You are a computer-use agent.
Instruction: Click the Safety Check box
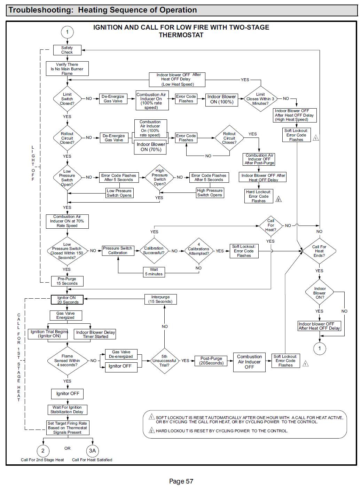[x=67, y=50]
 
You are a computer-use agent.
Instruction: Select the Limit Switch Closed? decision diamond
[x=67, y=99]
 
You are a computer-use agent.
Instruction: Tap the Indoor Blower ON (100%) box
[x=222, y=99]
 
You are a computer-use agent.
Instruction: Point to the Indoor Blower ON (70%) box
[x=151, y=147]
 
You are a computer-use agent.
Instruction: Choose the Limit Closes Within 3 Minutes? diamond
[x=260, y=99]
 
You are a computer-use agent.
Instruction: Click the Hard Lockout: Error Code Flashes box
[x=259, y=196]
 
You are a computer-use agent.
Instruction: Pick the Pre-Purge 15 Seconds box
[x=67, y=281]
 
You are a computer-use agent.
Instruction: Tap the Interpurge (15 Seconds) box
[x=160, y=299]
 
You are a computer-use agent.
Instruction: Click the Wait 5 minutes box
[x=154, y=272]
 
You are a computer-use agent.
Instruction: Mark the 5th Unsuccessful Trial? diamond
[x=164, y=361]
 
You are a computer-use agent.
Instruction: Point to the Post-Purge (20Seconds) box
[x=211, y=361]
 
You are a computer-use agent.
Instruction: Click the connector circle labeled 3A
[x=92, y=451]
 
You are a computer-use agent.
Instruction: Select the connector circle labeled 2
[x=43, y=451]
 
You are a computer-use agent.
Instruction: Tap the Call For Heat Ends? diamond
[x=319, y=251]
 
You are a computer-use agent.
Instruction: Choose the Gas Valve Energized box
[x=65, y=315]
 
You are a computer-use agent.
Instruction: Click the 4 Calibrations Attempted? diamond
[x=199, y=251]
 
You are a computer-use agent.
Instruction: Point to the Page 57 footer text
[x=181, y=481]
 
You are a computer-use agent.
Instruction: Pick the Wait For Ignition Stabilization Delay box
[x=67, y=410]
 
